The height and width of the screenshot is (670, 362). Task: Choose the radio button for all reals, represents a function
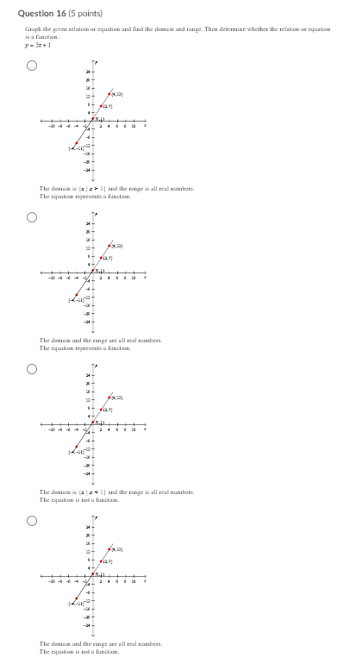(32, 217)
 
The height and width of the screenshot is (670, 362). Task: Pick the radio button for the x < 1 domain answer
(32, 369)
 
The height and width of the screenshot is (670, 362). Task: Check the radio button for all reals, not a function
(32, 521)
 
